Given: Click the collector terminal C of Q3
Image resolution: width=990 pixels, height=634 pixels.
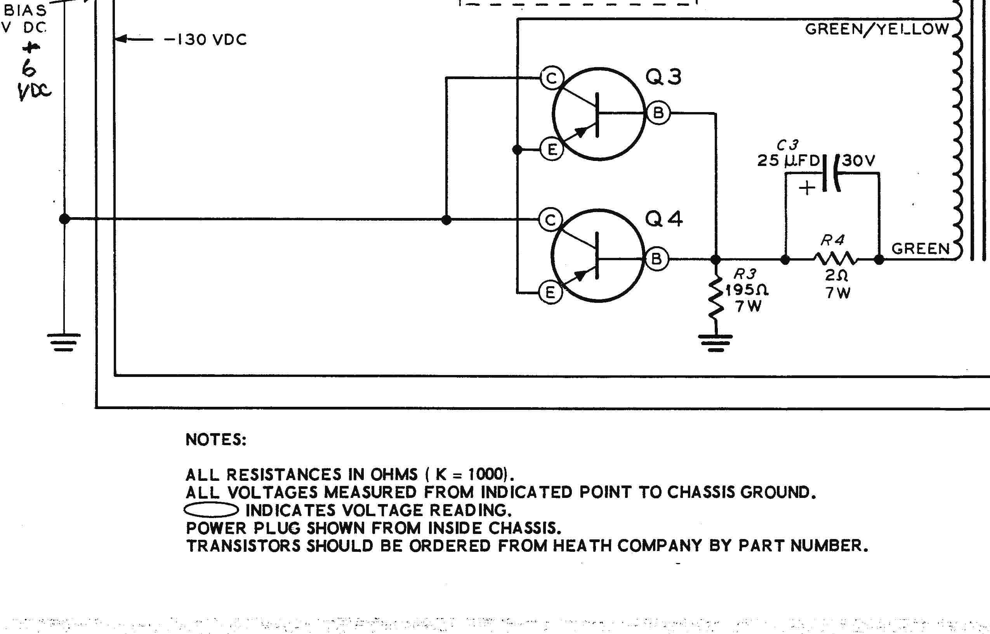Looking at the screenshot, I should tap(551, 78).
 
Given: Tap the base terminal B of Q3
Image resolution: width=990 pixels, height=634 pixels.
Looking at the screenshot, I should tap(658, 112).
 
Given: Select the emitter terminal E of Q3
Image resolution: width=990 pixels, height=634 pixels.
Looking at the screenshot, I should tap(552, 149).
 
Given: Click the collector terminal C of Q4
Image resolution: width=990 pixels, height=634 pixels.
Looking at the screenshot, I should tap(550, 220).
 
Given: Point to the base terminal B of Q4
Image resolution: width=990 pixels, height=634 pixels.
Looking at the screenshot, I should tap(657, 259).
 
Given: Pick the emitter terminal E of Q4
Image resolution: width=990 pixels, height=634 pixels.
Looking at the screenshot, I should tap(550, 293).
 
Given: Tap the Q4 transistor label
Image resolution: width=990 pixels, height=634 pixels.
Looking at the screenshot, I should tap(663, 219).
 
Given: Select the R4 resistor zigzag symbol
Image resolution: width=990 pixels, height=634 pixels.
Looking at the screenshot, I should tap(835, 259).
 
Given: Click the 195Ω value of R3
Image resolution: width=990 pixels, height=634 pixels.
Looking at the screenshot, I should tap(747, 290).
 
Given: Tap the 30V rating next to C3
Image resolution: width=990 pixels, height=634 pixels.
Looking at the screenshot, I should tap(858, 160).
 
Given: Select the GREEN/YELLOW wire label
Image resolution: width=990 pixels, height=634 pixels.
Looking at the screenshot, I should tap(877, 29).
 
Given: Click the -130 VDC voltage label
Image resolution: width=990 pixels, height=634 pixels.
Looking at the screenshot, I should tap(205, 40).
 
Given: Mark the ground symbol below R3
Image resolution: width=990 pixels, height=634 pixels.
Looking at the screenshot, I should tap(716, 343).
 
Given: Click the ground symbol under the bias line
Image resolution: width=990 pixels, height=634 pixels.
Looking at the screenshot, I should tap(64, 342).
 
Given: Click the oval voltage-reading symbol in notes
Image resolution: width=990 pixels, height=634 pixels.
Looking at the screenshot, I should tap(210, 510).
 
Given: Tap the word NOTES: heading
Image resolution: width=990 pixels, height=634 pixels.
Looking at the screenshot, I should tap(216, 440).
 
